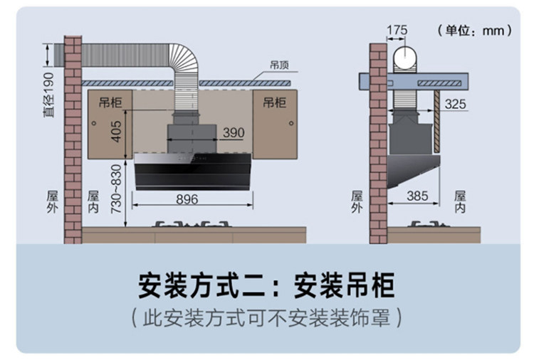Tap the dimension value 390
(233, 133)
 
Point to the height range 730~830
(117, 192)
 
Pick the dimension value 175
(397, 30)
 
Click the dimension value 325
(456, 105)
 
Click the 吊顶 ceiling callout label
(278, 64)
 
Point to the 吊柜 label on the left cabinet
(110, 102)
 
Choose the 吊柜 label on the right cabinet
(274, 102)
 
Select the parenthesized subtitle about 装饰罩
(266, 318)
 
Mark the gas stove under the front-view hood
(194, 226)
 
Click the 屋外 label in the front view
(51, 201)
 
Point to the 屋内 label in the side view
(460, 201)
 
